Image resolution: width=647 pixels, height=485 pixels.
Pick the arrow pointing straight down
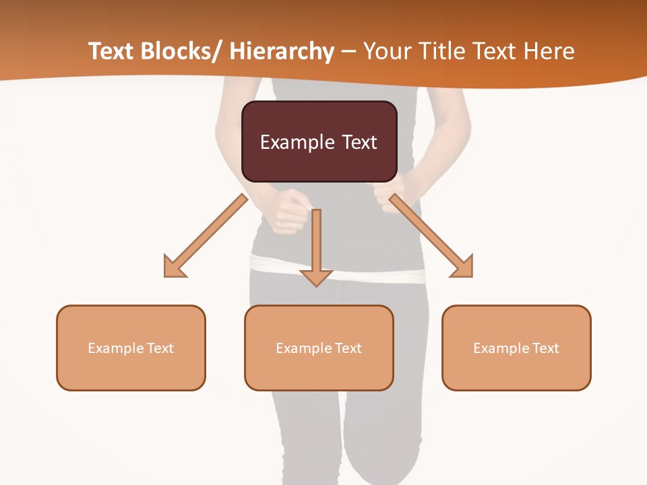coord(316,249)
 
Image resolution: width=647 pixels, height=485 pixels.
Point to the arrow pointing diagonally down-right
coord(432,236)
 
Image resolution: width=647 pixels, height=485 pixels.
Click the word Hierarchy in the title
coord(282,51)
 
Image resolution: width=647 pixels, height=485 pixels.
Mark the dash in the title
coord(348,53)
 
